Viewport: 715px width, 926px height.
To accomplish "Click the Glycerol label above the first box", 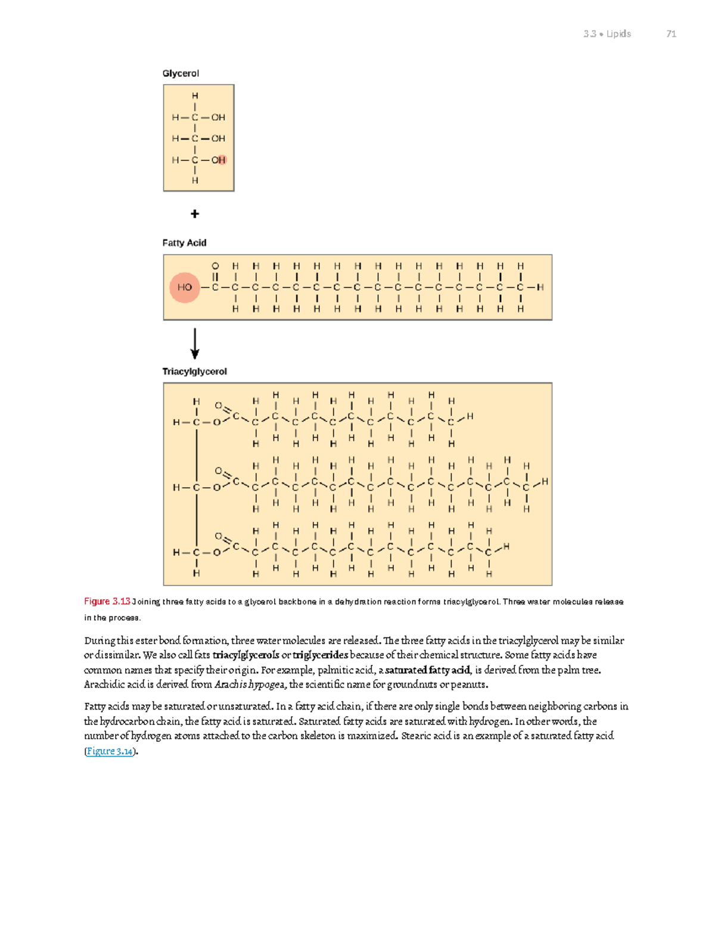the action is pos(181,73).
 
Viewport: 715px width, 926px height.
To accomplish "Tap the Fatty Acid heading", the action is pos(184,243).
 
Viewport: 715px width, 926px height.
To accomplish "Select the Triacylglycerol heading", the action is pos(194,371).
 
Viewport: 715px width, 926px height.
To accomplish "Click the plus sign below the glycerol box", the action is pos(194,213).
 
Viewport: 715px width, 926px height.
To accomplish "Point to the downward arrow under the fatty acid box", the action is pos(194,343).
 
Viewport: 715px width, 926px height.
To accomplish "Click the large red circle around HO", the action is pos(184,287).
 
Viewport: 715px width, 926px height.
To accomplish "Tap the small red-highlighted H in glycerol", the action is pos(222,160).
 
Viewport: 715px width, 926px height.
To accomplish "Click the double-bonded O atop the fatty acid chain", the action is pos(215,266).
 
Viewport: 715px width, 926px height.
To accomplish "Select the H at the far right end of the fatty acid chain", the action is pos(540,287).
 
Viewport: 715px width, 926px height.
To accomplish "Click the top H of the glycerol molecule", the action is pos(195,96).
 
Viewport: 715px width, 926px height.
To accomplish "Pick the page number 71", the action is pos(671,34).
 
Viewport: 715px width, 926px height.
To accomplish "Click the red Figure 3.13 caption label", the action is pos(107,601).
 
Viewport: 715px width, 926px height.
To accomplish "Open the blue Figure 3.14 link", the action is pos(110,751).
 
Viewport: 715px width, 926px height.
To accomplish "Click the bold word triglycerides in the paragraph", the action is pos(321,655).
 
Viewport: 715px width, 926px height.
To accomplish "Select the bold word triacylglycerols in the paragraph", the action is pos(245,655).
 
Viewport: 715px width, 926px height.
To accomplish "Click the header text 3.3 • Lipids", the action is pos(607,34).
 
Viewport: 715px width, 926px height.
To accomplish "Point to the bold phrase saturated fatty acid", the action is pos(428,670).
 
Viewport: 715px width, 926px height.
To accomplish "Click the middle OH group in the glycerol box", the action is pos(218,138).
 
